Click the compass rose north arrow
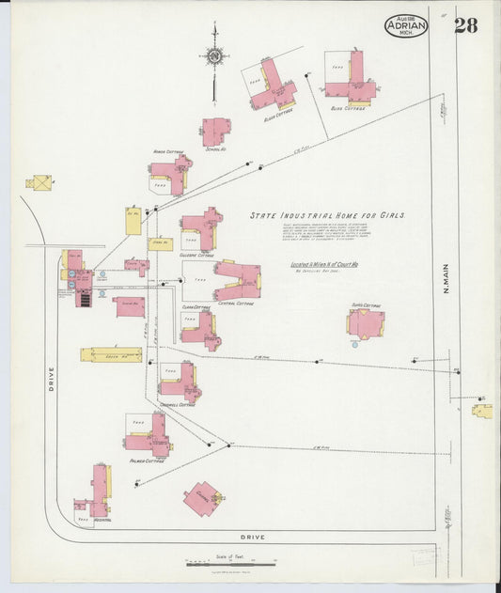click(214, 58)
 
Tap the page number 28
click(465, 25)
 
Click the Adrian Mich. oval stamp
click(405, 26)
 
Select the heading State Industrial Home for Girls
click(326, 215)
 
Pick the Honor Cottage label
click(167, 151)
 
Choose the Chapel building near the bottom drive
click(203, 497)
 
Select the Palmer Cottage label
click(148, 461)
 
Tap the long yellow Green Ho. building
click(111, 355)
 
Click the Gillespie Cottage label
click(198, 255)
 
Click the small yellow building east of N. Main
click(481, 411)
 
